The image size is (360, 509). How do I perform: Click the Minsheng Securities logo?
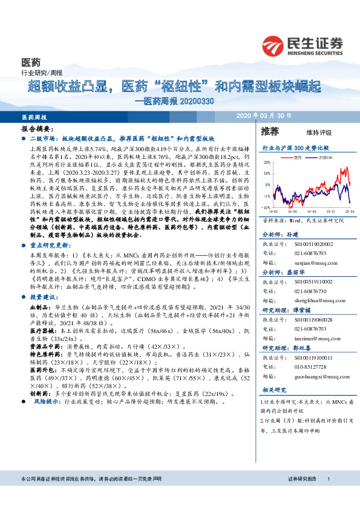tap(303, 45)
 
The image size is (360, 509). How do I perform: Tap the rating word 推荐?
tap(270, 131)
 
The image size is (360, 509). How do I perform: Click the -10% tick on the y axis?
tap(266, 207)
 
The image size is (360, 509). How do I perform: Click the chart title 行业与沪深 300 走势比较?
tap(295, 147)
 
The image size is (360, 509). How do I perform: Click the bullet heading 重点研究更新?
tap(50, 229)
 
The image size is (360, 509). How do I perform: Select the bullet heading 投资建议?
tap(45, 298)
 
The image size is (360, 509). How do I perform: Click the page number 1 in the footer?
tap(327, 496)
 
